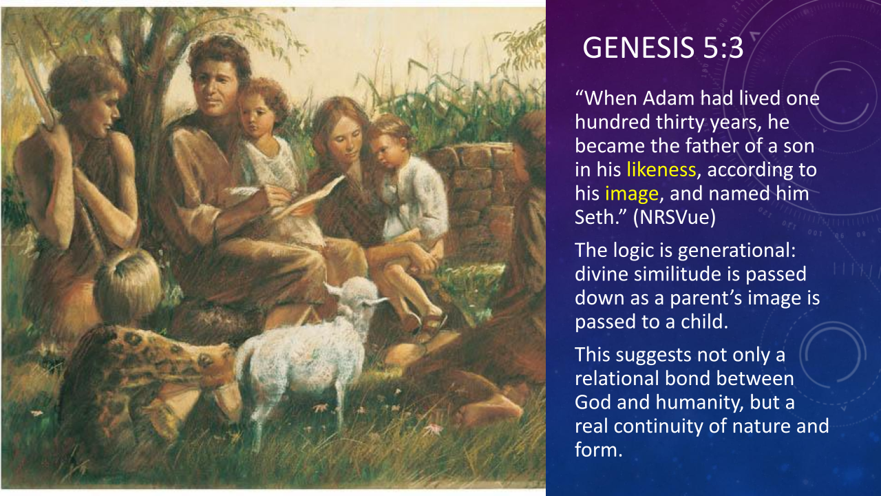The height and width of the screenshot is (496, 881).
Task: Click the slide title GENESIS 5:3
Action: (x=663, y=48)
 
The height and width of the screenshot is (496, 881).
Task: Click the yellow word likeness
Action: (x=661, y=169)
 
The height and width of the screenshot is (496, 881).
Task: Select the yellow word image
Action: (x=632, y=194)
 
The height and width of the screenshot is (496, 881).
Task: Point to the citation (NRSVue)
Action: (x=674, y=217)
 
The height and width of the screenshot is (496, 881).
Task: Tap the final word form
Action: (x=599, y=450)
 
